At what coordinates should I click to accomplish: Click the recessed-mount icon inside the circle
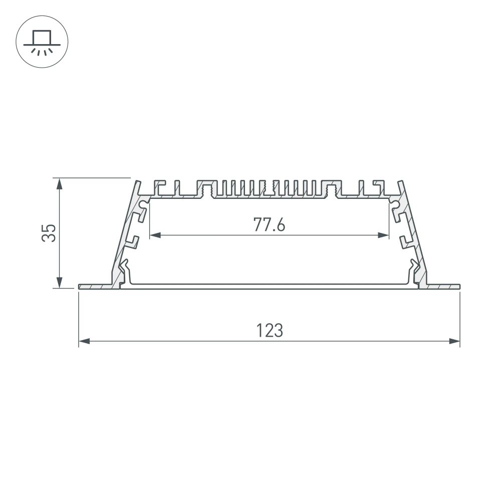tap(43, 42)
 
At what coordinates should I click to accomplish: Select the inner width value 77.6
tap(269, 225)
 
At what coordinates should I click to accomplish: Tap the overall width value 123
tap(270, 331)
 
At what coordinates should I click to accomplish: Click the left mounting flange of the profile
tap(95, 287)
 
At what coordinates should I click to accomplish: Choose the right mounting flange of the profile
tap(443, 287)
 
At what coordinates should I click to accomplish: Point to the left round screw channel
tap(144, 204)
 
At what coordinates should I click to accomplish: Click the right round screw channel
tap(394, 204)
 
